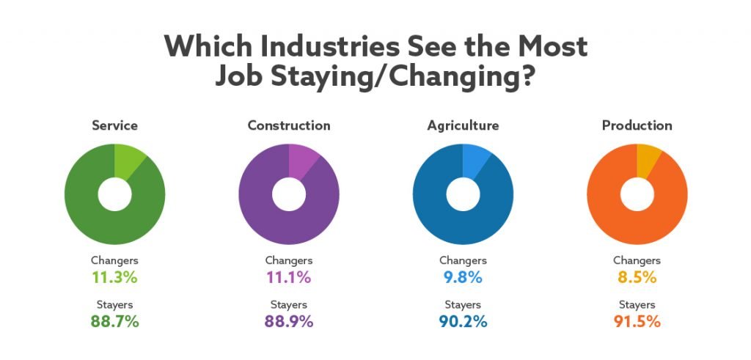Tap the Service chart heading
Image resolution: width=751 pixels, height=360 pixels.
[114, 125]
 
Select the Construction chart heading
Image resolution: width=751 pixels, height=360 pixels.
[289, 125]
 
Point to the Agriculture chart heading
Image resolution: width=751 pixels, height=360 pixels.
[463, 125]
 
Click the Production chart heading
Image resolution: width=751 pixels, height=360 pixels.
[637, 125]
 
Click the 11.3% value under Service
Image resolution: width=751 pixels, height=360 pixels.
[114, 278]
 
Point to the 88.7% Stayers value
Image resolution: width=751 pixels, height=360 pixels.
[114, 321]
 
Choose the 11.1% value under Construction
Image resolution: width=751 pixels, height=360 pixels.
[289, 278]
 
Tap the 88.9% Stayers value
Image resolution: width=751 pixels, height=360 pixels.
[289, 321]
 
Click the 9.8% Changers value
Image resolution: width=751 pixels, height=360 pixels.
[463, 278]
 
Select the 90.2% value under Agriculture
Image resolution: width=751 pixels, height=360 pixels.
[463, 321]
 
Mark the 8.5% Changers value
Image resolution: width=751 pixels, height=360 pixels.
[637, 278]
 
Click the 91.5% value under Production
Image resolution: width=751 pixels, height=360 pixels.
[637, 321]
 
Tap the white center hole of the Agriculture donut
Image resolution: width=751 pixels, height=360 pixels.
[463, 194]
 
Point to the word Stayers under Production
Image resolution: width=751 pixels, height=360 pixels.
[637, 305]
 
